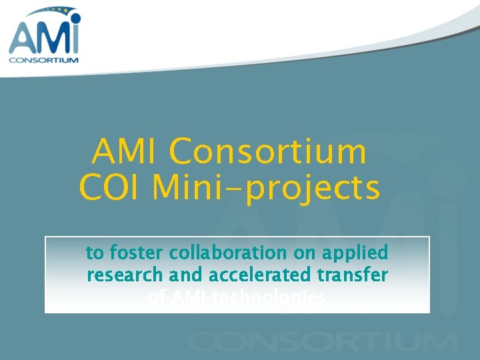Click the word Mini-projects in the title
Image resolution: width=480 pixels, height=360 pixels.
pos(266,189)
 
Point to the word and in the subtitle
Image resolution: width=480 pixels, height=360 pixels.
pos(185,275)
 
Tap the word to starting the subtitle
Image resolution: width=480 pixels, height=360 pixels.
pos(95,253)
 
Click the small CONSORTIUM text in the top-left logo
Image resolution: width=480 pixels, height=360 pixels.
pos(43,59)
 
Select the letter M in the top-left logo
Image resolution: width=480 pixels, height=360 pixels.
pos(50,39)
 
